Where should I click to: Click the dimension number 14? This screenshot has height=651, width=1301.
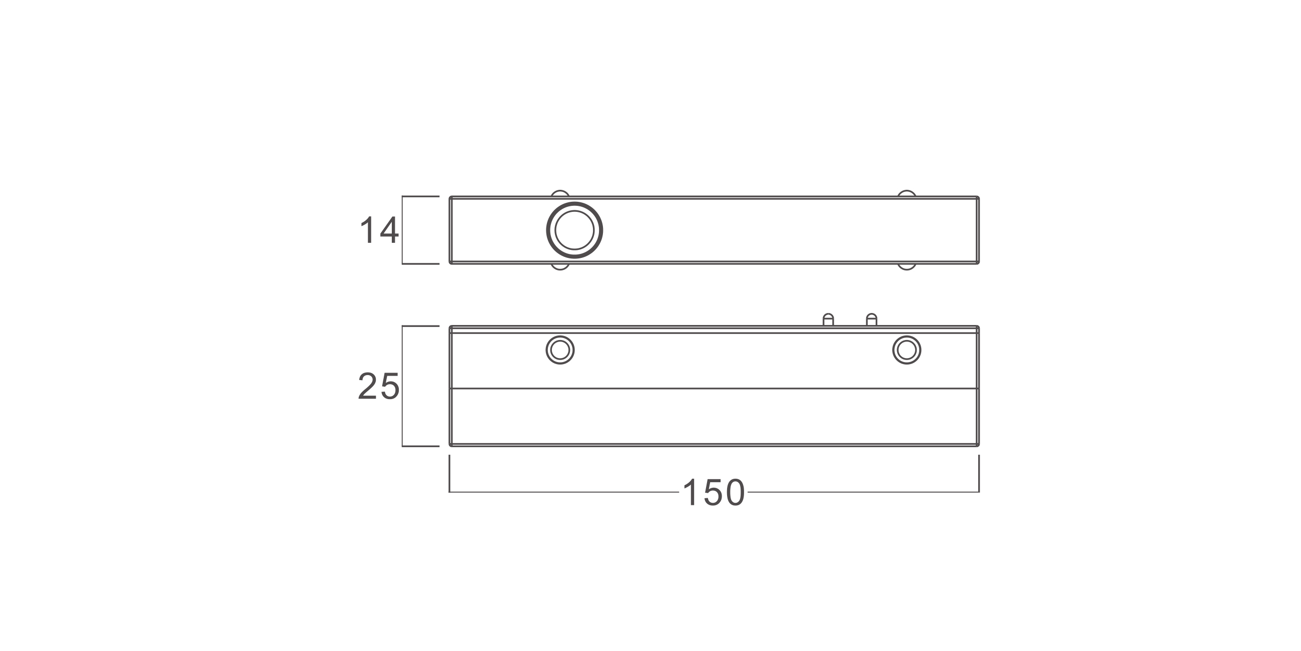379,229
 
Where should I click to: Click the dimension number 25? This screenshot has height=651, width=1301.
379,386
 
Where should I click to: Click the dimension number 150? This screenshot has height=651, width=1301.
713,492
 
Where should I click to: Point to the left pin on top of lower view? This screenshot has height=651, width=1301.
828,319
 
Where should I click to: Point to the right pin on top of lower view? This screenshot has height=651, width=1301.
872,319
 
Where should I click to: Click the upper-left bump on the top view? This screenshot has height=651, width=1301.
559,192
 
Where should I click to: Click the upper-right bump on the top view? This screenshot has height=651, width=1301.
907,192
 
